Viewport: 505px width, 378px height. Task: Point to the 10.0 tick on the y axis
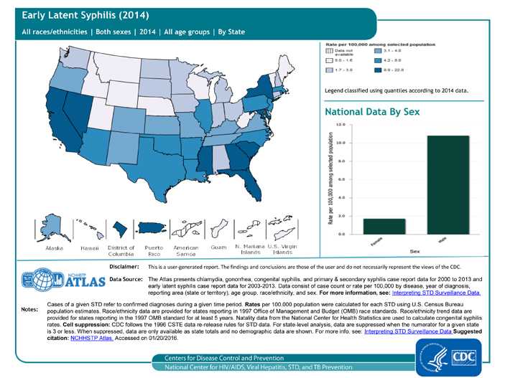(x=340, y=142)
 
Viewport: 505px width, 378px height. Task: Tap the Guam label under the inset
(x=218, y=247)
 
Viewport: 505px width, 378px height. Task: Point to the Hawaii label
(x=89, y=247)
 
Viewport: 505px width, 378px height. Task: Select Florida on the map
(x=267, y=183)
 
